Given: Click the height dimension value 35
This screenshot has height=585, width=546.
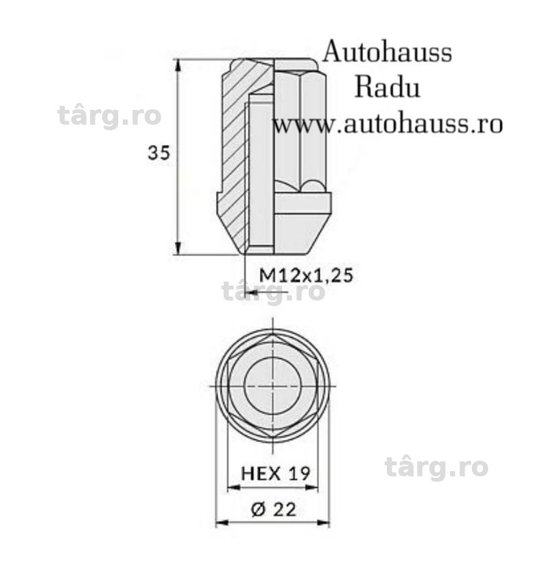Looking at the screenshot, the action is (158, 152).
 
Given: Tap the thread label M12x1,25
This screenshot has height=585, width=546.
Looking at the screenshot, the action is (306, 275).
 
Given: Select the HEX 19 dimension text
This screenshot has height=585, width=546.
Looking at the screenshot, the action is (276, 474).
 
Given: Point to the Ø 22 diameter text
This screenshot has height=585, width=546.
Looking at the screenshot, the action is (274, 509).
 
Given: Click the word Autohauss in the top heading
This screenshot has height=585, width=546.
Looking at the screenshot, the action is (388, 52).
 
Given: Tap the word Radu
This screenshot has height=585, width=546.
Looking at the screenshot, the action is (388, 88).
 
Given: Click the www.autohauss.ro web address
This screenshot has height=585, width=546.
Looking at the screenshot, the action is (388, 124).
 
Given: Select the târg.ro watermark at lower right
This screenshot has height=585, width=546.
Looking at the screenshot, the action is (436, 467).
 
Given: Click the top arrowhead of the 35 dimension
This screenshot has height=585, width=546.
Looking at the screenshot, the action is (178, 65).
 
